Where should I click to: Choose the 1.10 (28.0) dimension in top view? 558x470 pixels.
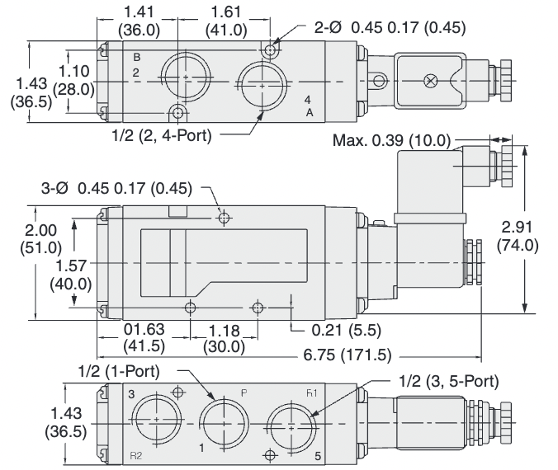(x=74, y=80)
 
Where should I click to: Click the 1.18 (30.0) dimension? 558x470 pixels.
(x=224, y=338)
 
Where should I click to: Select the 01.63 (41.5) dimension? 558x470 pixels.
(x=143, y=338)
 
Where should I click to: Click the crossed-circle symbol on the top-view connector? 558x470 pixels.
(x=430, y=81)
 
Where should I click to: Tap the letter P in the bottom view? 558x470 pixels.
(x=244, y=392)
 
